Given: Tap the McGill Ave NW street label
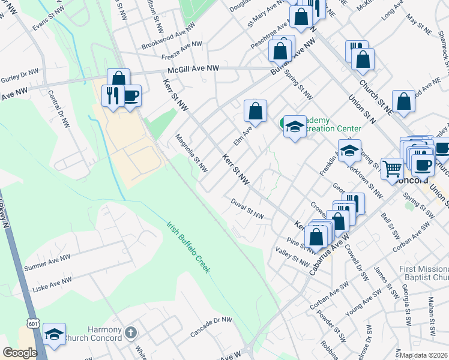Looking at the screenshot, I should (193, 70).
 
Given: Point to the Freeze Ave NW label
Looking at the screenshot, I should (182, 51).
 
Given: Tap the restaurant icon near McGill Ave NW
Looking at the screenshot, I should (112, 95).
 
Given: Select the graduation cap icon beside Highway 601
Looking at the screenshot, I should (55, 335).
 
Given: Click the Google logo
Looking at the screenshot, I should (20, 353).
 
